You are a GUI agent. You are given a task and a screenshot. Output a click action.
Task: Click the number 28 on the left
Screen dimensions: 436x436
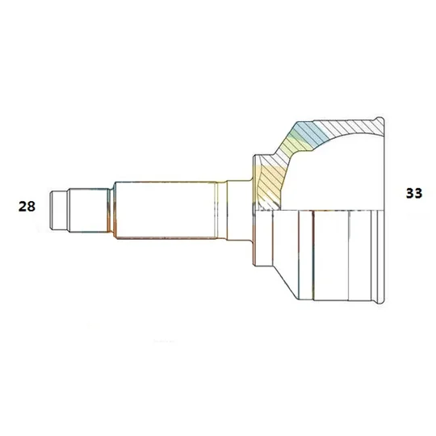(27, 207)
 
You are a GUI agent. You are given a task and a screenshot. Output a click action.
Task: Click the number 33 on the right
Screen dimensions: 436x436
(414, 193)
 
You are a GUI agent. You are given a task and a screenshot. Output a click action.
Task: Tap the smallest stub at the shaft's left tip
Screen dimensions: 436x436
(58, 210)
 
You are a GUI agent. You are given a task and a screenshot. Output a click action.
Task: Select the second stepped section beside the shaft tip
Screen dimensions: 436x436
(88, 210)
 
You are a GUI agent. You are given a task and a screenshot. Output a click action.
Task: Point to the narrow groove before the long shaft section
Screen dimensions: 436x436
(111, 211)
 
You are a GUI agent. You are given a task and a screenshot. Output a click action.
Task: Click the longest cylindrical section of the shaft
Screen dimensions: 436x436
(166, 210)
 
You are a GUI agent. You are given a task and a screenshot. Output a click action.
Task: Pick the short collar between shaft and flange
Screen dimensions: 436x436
(240, 210)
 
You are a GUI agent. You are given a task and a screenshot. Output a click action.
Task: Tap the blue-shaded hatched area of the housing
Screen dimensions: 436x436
(312, 133)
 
